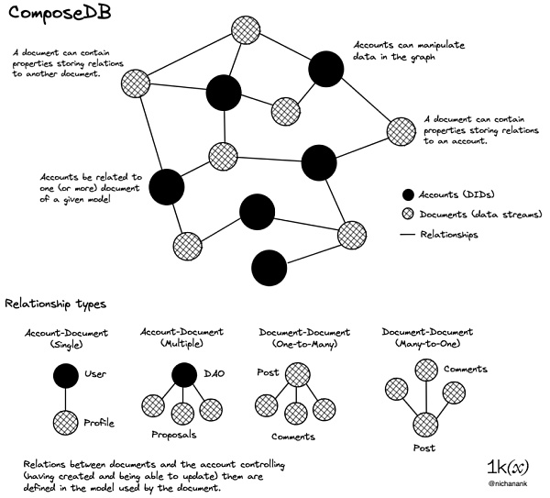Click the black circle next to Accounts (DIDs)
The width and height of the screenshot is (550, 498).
(409, 194)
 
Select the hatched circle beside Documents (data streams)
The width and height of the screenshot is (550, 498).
(409, 215)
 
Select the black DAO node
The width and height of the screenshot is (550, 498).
(183, 374)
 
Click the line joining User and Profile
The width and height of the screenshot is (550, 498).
(64, 398)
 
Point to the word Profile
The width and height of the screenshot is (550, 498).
(99, 425)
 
